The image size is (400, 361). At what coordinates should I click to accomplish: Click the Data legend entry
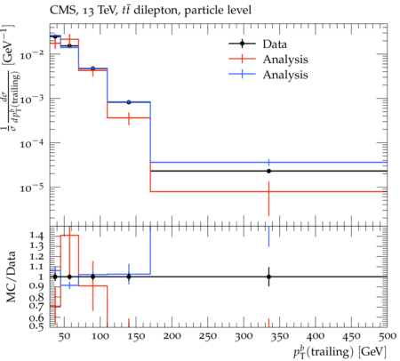(258, 44)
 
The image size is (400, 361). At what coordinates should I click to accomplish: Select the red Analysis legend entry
(268, 60)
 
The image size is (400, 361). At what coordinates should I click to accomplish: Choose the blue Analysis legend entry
(268, 75)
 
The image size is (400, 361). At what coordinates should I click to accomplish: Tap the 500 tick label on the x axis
(387, 336)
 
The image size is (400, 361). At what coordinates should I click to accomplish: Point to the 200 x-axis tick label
(172, 336)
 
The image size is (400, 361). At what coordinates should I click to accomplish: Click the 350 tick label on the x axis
(280, 336)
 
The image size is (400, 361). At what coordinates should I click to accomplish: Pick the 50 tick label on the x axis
(64, 336)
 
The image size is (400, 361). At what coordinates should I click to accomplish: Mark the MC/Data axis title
(12, 277)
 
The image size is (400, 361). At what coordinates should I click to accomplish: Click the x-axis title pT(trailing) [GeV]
(340, 351)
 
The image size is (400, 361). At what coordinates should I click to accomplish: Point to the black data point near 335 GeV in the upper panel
(268, 171)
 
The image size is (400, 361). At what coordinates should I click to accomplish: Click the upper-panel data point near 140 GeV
(129, 102)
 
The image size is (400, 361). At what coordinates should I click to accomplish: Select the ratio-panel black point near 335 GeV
(268, 277)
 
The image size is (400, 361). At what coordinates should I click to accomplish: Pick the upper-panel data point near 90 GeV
(92, 68)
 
